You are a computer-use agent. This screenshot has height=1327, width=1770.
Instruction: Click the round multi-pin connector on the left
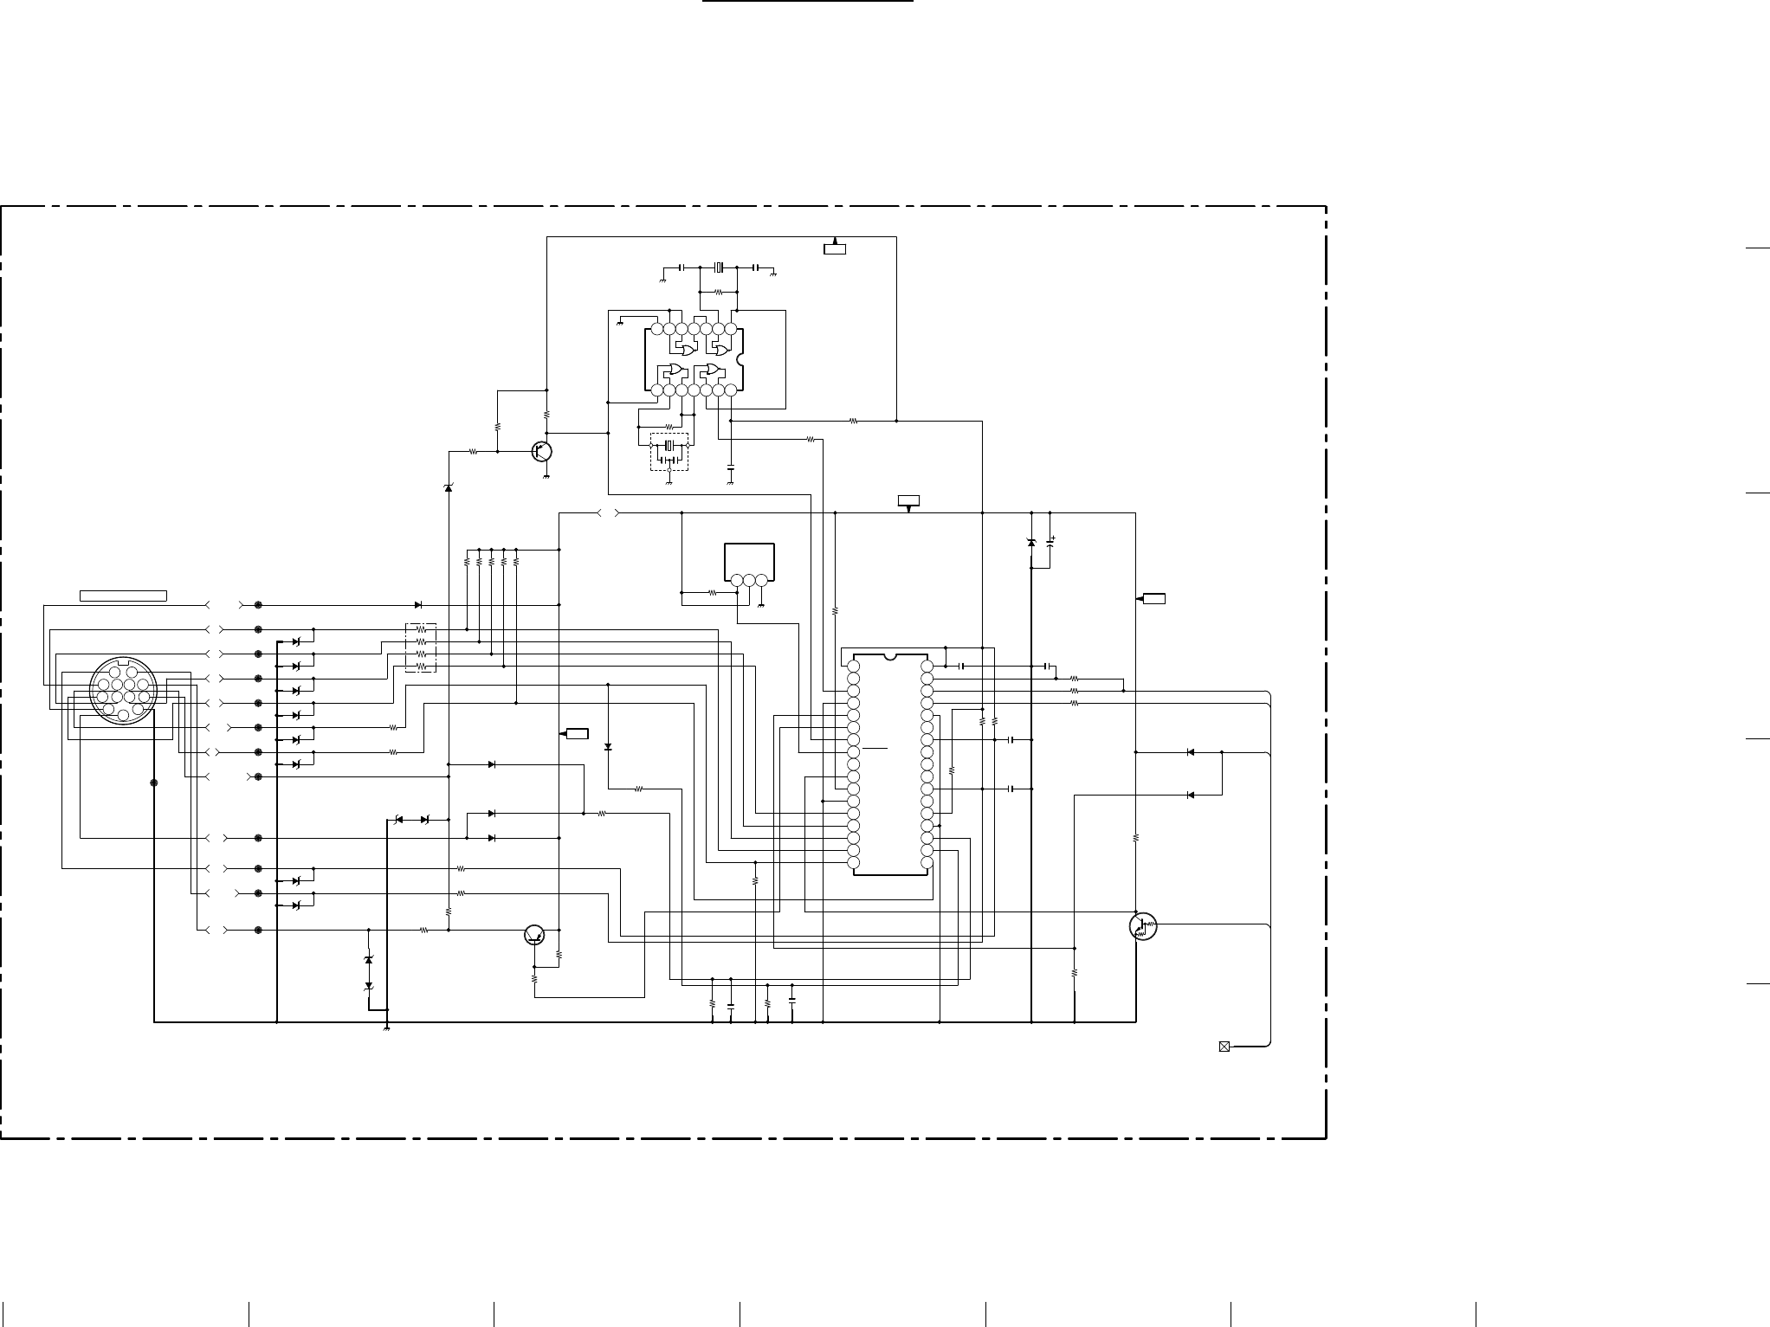tap(123, 690)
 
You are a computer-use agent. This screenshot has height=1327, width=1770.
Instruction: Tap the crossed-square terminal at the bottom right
tap(1224, 1047)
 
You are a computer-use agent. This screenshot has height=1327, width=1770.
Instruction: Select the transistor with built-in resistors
tap(1143, 927)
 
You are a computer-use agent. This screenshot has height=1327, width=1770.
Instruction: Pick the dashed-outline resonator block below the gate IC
tap(669, 451)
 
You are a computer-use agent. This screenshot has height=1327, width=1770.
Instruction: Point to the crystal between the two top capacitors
tap(718, 267)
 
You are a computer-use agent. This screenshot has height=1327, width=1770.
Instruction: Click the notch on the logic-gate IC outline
tap(740, 359)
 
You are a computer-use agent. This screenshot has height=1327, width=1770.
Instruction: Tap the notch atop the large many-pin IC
tap(890, 657)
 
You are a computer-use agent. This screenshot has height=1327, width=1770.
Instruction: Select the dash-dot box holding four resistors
tap(421, 647)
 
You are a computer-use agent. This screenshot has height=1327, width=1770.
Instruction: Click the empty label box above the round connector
tap(123, 596)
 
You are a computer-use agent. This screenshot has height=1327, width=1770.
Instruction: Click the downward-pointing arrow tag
tap(908, 502)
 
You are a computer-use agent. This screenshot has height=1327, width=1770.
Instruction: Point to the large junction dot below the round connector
tap(154, 783)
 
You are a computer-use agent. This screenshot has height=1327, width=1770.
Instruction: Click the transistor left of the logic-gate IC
tap(542, 451)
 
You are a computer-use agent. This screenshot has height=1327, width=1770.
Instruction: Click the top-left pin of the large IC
tap(854, 666)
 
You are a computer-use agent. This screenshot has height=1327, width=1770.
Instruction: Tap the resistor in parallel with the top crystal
tap(718, 293)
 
